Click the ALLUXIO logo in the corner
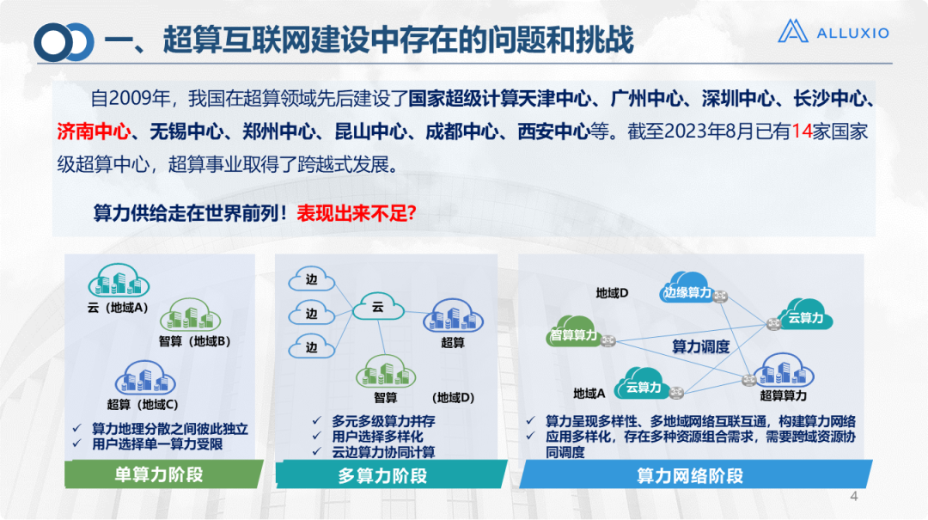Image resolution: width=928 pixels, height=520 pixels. [833, 33]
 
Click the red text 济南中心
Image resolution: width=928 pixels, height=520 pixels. [94, 132]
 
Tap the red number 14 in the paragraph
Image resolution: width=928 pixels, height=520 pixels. [801, 132]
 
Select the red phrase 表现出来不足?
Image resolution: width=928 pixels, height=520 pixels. [357, 213]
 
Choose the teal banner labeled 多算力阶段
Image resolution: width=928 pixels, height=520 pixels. [382, 475]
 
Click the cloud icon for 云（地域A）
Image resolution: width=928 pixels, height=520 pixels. [118, 281]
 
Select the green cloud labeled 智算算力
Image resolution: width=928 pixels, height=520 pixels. [574, 334]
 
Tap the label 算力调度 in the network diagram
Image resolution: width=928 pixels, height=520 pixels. [700, 347]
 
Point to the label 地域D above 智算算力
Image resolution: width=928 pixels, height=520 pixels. [612, 293]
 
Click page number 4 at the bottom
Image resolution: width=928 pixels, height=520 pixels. [853, 497]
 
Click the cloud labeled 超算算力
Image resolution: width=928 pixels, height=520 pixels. [783, 374]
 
